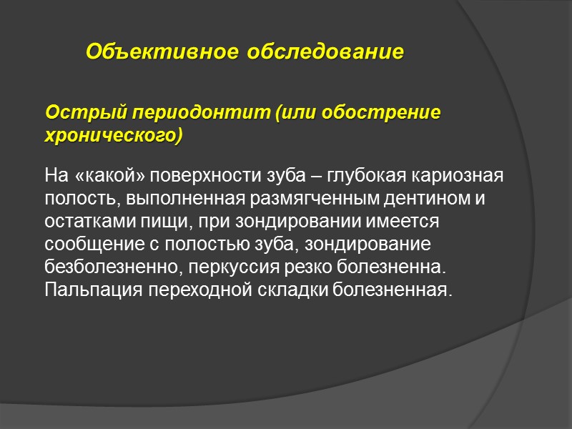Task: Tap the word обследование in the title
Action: coord(325,52)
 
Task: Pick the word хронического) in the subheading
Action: coord(114,136)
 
